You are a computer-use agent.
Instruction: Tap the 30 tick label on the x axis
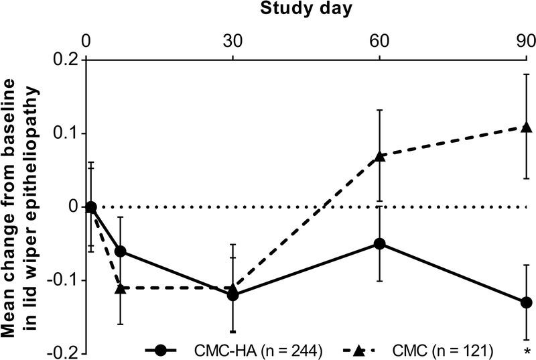click(232, 39)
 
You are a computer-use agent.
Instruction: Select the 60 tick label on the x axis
click(379, 39)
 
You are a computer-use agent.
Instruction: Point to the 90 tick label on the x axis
click(524, 39)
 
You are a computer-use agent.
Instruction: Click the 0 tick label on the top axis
click(86, 39)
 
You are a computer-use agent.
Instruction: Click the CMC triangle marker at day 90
click(527, 127)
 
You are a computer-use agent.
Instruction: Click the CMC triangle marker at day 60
click(380, 156)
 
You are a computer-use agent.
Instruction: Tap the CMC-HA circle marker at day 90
click(527, 302)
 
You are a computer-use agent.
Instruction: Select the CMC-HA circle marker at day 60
click(380, 243)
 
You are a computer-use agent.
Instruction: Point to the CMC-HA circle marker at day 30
click(233, 295)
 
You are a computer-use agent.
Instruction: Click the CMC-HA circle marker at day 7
click(121, 251)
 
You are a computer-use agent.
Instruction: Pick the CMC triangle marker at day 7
click(121, 288)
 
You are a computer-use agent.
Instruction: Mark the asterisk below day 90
click(527, 351)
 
